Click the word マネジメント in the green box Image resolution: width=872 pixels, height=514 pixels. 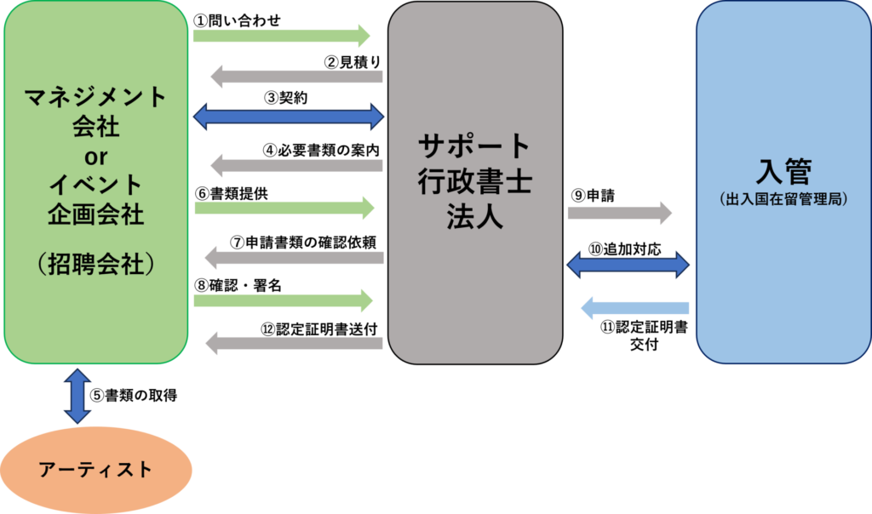[95, 97]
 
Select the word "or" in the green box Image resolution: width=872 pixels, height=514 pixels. [95, 156]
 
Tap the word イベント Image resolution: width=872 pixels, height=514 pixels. [95, 185]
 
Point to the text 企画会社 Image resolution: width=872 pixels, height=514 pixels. [95, 214]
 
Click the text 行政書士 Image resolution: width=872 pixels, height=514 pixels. [475, 181]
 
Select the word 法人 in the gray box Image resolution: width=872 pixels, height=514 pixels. [475, 216]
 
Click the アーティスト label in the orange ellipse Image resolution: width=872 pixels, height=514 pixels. [95, 469]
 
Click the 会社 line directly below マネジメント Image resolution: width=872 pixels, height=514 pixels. [95, 127]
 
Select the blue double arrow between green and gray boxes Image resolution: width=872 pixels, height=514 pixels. [289, 116]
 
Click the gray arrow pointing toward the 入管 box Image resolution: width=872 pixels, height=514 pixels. [620, 213]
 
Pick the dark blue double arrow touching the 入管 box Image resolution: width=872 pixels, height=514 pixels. [628, 264]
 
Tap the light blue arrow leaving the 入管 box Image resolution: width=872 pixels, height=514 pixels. [634, 307]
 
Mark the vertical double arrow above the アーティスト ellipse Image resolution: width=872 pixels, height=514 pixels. [77, 396]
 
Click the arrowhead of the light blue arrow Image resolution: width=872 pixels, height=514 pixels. [587, 307]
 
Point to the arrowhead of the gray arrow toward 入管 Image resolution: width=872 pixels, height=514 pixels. [665, 213]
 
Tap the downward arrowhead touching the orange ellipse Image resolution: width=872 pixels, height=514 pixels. [77, 417]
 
